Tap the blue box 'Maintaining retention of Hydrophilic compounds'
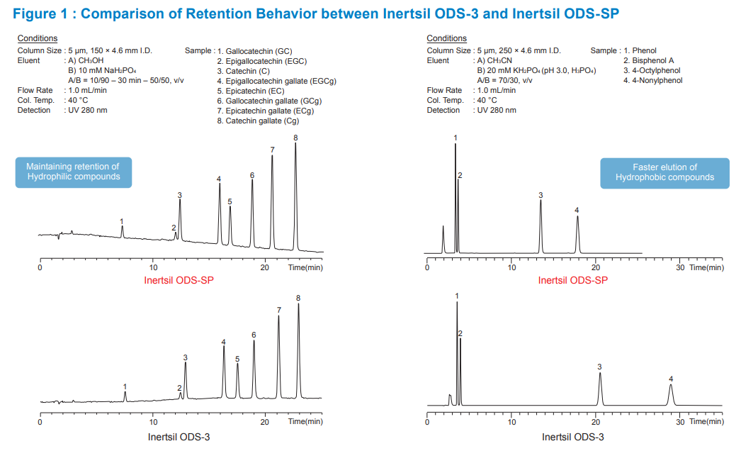[74, 172]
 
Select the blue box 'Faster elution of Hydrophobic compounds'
[664, 172]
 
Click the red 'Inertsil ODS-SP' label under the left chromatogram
[179, 280]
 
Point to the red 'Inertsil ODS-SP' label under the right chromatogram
[572, 280]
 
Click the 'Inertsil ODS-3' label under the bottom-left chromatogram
[179, 437]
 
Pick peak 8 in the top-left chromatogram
[295, 191]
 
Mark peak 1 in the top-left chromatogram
[123, 231]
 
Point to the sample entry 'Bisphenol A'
[648, 61]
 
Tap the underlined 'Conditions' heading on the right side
[447, 38]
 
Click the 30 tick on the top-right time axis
[680, 267]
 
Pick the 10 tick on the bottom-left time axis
[153, 421]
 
